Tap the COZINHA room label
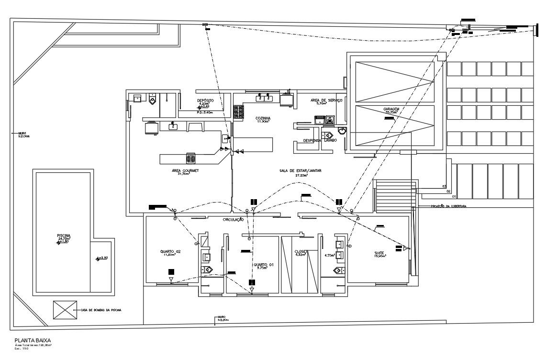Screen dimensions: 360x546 (x=263, y=118)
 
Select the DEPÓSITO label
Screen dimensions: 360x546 (x=205, y=101)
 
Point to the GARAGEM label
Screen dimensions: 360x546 (x=391, y=109)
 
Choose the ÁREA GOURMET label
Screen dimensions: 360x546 (x=185, y=171)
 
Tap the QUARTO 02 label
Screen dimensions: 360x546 (x=170, y=251)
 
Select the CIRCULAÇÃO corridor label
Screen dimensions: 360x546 (x=234, y=220)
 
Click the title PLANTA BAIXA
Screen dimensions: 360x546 (x=33, y=340)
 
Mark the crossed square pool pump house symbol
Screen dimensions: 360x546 (x=65, y=310)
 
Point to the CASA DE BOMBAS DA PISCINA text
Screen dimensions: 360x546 (x=101, y=310)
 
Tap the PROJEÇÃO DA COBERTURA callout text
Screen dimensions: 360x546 (x=448, y=206)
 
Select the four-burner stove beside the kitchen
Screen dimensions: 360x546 (x=238, y=112)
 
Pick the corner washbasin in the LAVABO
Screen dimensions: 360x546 (x=342, y=131)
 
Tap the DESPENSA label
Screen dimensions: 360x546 (x=312, y=141)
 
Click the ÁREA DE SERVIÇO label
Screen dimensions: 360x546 (x=325, y=101)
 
